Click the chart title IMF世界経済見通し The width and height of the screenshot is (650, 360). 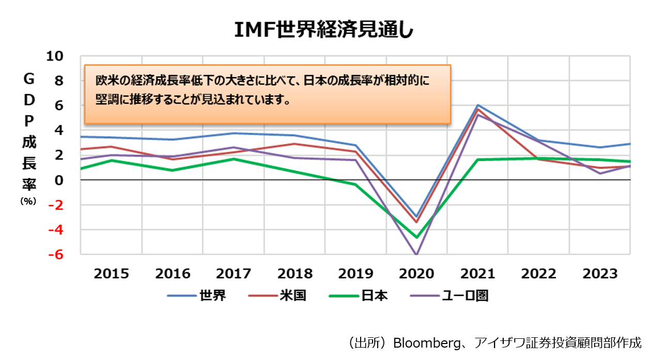coord(324,30)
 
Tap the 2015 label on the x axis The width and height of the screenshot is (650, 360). coord(111,274)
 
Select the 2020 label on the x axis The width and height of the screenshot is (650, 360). coord(416,274)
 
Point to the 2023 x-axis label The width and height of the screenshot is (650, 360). coord(600,274)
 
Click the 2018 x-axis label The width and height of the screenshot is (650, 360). coord(295,274)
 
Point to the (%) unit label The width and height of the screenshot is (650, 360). coord(28,202)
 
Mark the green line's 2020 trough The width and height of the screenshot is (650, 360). coord(416,238)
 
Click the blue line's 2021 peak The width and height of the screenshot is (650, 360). coord(478,105)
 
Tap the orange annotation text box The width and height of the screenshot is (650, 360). coord(267,93)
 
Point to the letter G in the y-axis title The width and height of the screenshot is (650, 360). coord(29,79)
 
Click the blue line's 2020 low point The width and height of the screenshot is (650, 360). coord(416,217)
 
